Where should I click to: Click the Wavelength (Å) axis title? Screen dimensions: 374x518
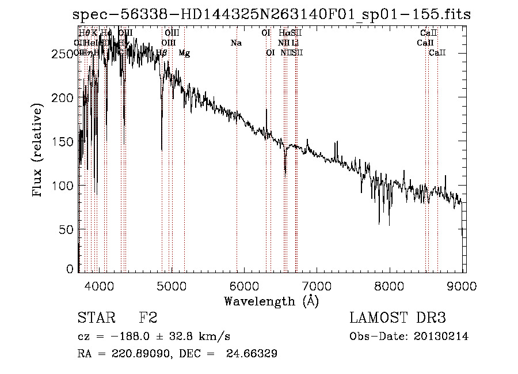pyautogui.click(x=271, y=301)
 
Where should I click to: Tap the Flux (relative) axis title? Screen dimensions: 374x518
pyautogui.click(x=39, y=151)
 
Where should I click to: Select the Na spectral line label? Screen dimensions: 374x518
pyautogui.click(x=236, y=43)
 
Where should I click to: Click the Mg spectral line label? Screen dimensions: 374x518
pyautogui.click(x=184, y=53)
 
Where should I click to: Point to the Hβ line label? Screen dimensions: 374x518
pyautogui.click(x=162, y=53)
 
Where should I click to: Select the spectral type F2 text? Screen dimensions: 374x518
pyautogui.click(x=148, y=318)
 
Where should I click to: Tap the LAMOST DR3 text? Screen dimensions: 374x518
pyautogui.click(x=398, y=318)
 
